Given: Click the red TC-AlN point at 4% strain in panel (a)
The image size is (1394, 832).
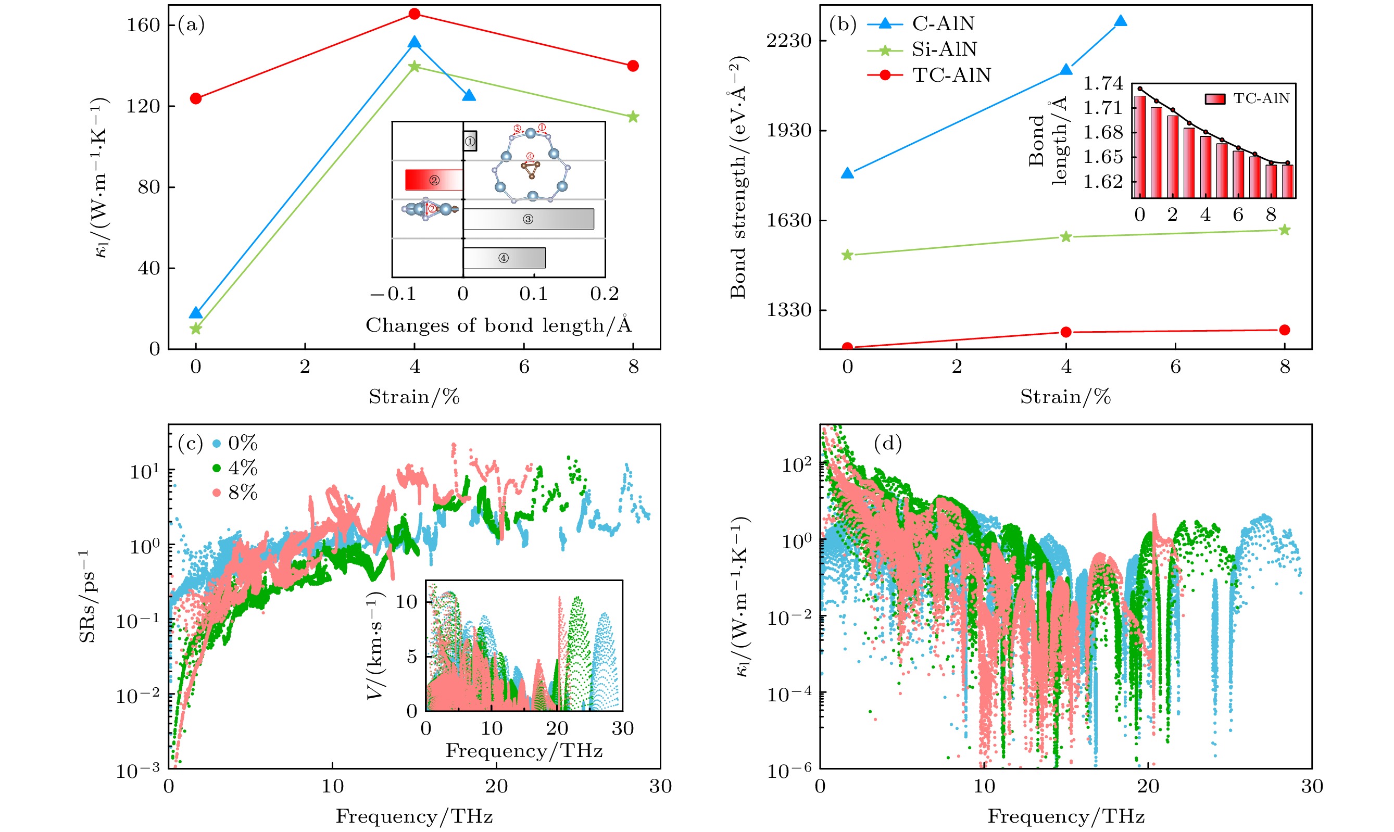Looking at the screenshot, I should point(415,14).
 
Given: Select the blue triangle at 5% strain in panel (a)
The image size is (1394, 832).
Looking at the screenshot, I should point(469,95).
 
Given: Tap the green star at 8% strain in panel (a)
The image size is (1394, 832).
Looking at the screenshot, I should point(633,117).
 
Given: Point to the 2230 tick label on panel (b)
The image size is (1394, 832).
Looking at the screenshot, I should point(789,41).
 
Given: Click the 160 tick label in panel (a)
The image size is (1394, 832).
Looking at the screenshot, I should point(144,25).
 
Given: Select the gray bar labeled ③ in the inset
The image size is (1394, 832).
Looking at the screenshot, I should point(528,219).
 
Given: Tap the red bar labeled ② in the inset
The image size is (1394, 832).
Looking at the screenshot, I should point(434,180).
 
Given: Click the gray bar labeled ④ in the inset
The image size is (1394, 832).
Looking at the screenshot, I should point(504,258).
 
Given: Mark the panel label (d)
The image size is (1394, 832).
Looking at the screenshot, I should point(888,444).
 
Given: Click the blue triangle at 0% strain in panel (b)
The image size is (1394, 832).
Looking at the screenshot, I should point(848,173).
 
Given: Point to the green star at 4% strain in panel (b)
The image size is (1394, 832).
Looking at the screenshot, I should point(1066,237).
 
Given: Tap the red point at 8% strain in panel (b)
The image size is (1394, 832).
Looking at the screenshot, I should point(1285,330).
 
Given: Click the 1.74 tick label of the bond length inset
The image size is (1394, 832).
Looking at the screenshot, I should point(1102,83).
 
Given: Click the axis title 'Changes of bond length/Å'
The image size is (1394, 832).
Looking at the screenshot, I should point(498,325).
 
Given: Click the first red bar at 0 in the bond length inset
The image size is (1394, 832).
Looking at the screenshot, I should point(1139,147).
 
